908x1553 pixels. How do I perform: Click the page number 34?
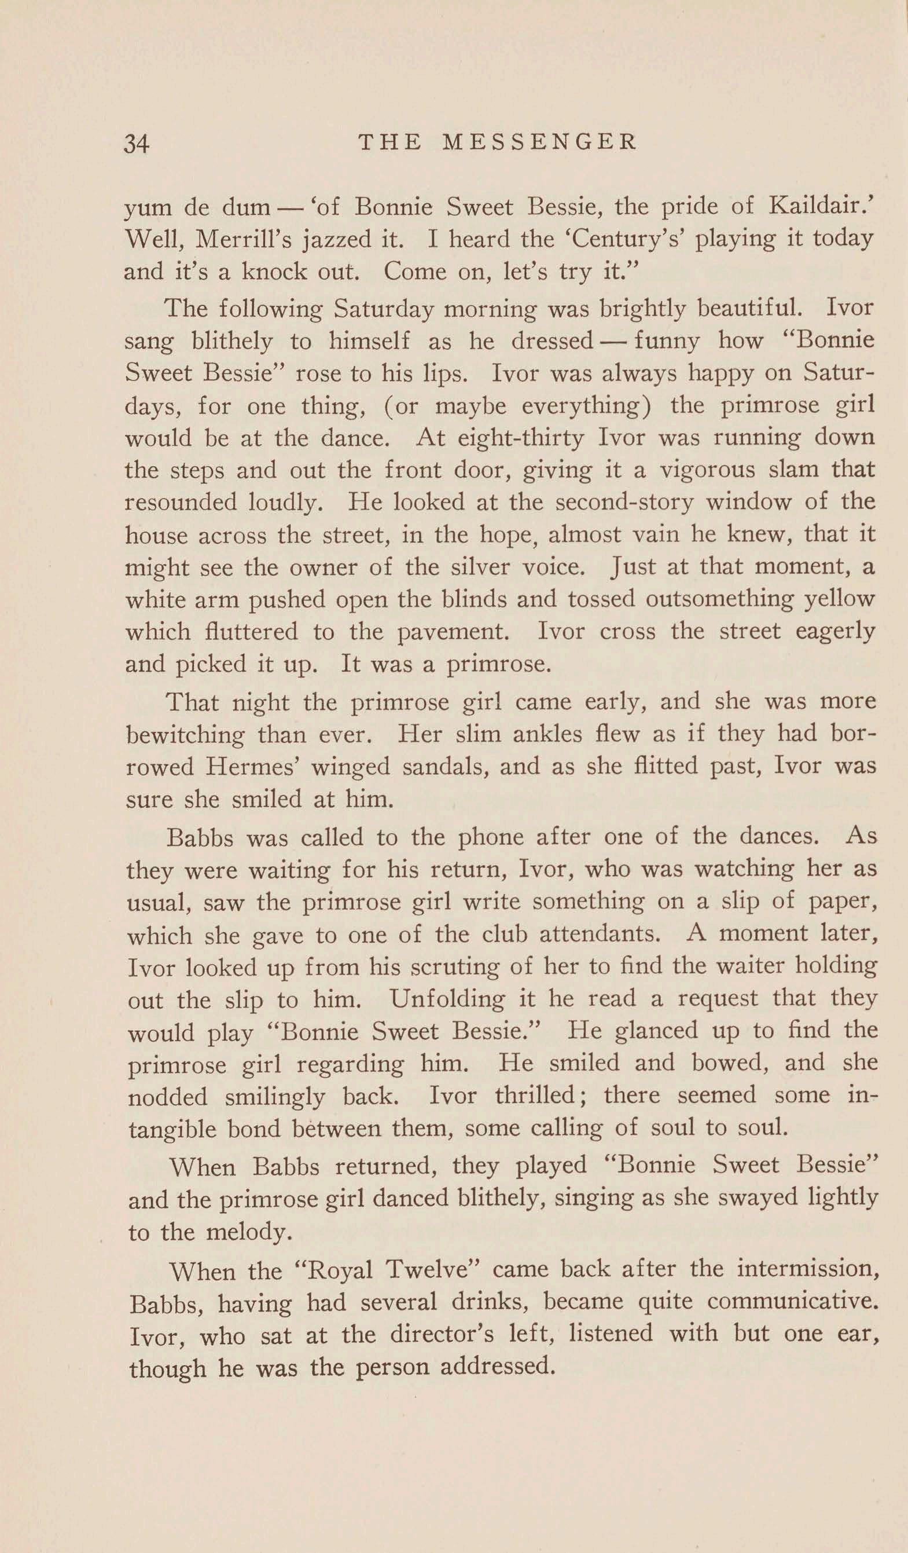click(x=137, y=144)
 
